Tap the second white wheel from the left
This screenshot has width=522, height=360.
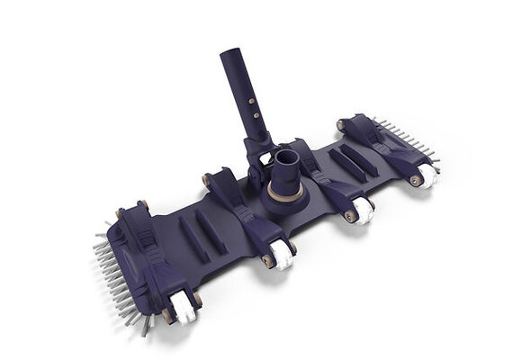(x=283, y=257)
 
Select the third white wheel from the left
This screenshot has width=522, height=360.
(x=363, y=209)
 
